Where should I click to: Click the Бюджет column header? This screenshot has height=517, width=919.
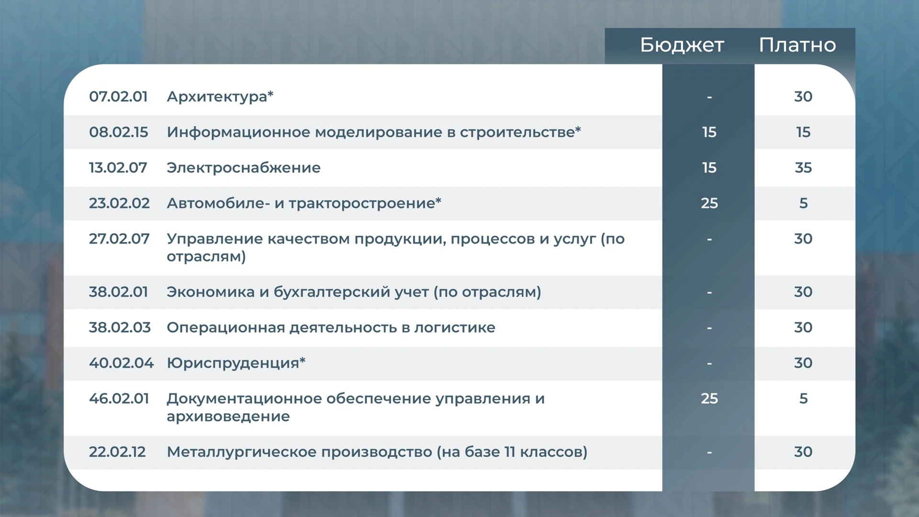point(682,45)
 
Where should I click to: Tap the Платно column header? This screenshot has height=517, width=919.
point(797,45)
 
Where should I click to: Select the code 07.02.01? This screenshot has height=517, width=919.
point(118,96)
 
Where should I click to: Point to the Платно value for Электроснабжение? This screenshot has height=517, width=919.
point(803,168)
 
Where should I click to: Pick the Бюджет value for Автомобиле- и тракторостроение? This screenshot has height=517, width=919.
point(709,203)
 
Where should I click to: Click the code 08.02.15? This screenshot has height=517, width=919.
point(119,132)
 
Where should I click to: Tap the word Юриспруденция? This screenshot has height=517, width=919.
point(233,363)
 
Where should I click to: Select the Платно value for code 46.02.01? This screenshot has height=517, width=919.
point(804,398)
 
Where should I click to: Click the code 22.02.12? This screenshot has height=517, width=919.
point(117,452)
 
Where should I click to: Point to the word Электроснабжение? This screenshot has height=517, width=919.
point(244,168)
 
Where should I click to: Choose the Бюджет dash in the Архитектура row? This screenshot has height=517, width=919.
point(709,97)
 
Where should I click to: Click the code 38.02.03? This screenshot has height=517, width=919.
point(120,327)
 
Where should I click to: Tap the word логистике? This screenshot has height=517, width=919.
point(455,328)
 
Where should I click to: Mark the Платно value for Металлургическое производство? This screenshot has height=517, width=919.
point(803,452)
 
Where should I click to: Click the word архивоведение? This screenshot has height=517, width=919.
point(228,416)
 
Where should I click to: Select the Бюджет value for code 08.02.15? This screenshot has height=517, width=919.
point(709,132)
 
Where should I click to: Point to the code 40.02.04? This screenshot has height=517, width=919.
point(122,363)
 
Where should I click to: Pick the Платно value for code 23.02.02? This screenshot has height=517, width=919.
point(804,203)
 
